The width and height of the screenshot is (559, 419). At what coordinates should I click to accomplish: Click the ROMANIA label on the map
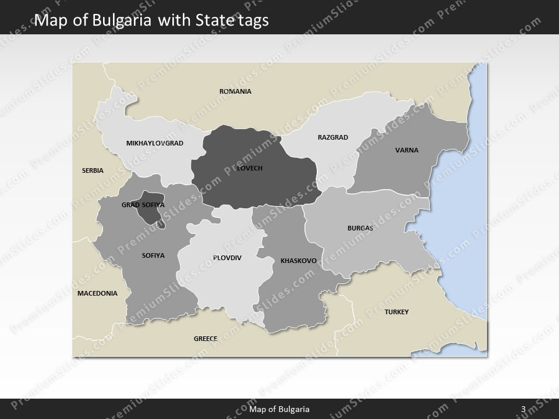click(x=235, y=91)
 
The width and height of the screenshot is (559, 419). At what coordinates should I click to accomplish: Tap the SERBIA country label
click(x=93, y=171)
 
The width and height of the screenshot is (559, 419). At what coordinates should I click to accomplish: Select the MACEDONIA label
click(x=97, y=293)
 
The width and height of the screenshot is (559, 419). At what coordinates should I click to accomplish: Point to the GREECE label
click(x=206, y=338)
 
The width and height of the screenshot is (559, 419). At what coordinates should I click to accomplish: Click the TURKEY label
click(x=397, y=312)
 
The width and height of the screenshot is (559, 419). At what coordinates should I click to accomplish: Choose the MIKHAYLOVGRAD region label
click(x=154, y=143)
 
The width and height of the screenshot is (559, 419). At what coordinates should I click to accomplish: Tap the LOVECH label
click(x=250, y=168)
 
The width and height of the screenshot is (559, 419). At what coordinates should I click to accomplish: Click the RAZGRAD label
click(x=332, y=137)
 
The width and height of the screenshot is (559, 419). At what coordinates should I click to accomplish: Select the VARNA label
click(x=407, y=150)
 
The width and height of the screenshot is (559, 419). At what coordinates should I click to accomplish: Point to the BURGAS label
click(x=360, y=228)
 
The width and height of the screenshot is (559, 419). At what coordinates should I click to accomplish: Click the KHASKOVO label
click(x=298, y=261)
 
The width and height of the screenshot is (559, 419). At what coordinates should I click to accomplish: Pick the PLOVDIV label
click(x=227, y=257)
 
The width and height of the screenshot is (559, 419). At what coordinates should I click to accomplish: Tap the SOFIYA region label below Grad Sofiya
click(x=153, y=255)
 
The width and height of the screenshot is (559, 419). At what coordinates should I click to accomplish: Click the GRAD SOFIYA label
click(x=143, y=205)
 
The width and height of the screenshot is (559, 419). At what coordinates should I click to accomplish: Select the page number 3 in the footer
click(x=523, y=409)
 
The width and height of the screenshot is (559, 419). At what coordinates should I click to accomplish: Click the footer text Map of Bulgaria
click(x=279, y=409)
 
